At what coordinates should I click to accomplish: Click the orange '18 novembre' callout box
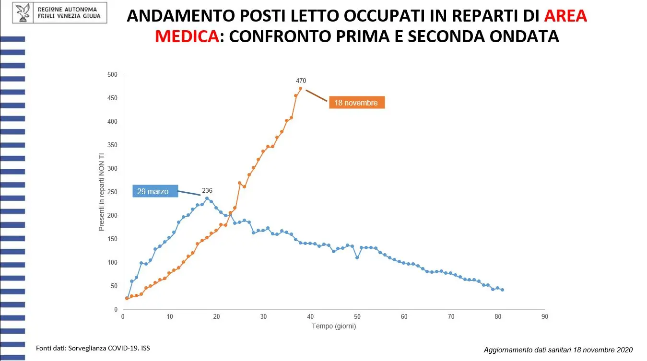coord(356,103)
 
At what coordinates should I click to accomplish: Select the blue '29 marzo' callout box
coord(155,191)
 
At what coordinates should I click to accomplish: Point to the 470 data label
coord(301,81)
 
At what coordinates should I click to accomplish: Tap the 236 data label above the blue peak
coord(207,190)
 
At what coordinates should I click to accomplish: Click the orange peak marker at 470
coord(300,88)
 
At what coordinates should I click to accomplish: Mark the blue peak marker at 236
coord(207,198)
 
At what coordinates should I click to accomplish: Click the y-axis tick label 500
coord(112,74)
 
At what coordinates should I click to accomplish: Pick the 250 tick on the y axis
coord(112,192)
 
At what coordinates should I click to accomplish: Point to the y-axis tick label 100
coord(112,262)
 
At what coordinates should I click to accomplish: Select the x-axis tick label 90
coord(544,316)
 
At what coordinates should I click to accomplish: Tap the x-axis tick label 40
coord(310,316)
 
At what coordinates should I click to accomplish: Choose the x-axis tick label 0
coord(123,316)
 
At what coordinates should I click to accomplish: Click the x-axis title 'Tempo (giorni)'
coord(334,326)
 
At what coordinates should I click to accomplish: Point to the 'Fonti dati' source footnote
coord(96,347)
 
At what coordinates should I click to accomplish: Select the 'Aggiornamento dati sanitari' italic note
coord(558,349)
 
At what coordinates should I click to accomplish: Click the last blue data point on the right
coord(502,290)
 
